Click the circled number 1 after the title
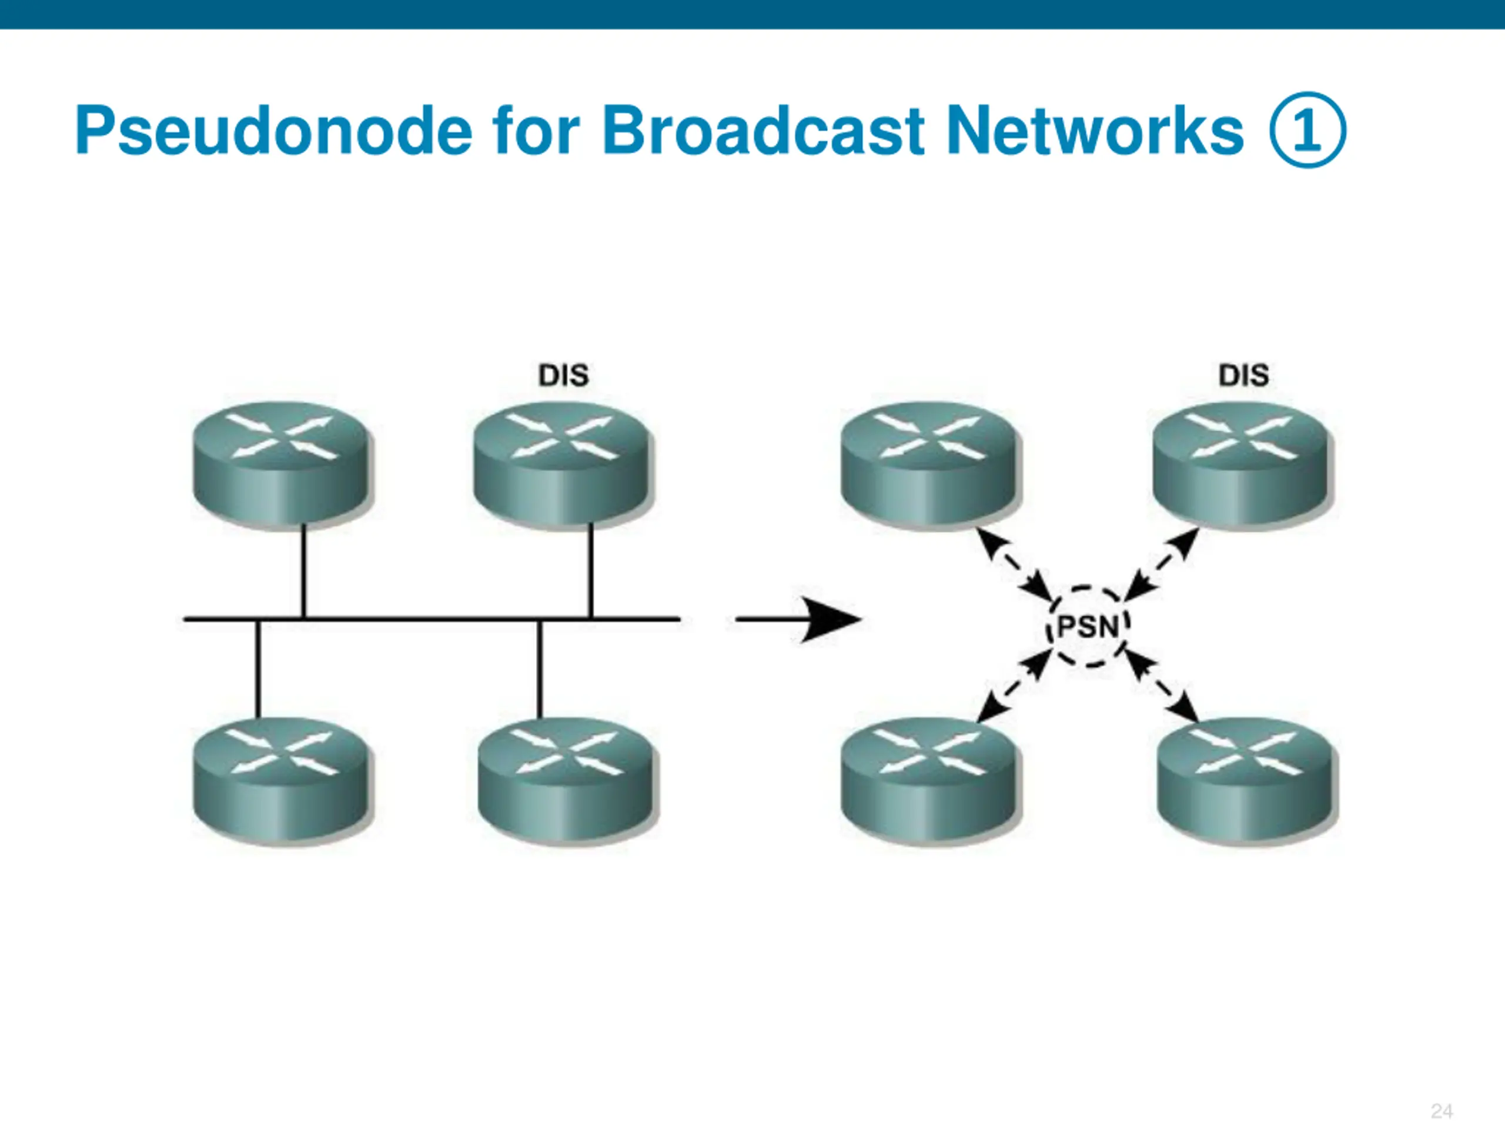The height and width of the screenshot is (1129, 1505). click(x=1307, y=130)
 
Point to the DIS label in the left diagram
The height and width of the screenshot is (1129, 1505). click(x=563, y=375)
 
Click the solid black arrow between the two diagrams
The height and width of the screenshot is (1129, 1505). click(x=799, y=619)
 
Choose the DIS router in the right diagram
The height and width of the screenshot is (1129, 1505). click(x=1242, y=464)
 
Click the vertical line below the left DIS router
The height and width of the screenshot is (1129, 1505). click(x=591, y=570)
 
